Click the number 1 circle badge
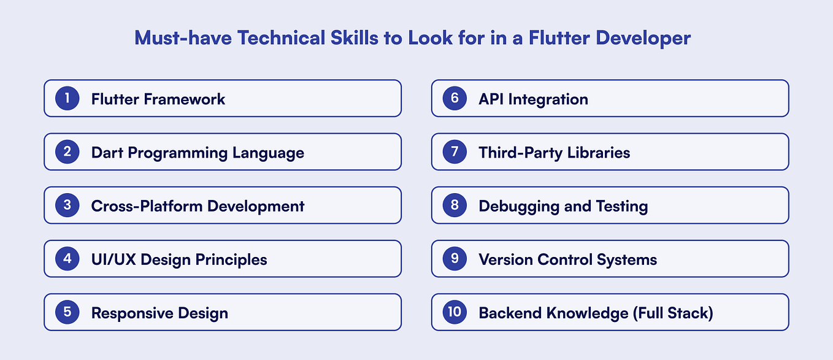(x=67, y=99)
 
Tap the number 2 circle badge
(x=67, y=152)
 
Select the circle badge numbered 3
(x=67, y=205)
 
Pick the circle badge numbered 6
(x=455, y=99)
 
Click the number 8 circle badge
(x=455, y=205)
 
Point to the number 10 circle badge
(x=455, y=312)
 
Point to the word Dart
(x=106, y=153)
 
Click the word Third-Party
(x=516, y=153)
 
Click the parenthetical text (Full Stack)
(x=673, y=313)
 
